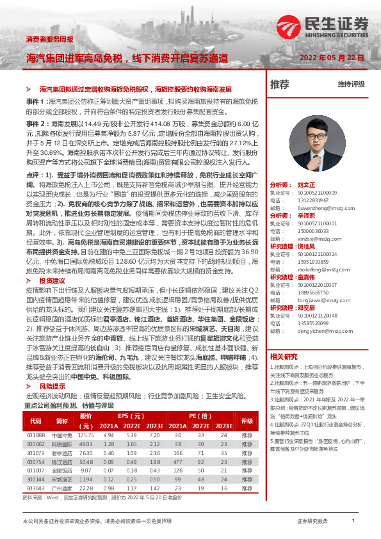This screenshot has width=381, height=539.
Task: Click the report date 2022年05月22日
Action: click(x=332, y=58)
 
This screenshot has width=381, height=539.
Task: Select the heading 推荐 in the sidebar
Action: click(x=279, y=84)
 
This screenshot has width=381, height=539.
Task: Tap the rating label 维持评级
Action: click(x=351, y=84)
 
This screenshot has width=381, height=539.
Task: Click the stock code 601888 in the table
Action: click(x=36, y=435)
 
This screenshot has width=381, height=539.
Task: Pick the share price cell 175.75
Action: click(x=85, y=435)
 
